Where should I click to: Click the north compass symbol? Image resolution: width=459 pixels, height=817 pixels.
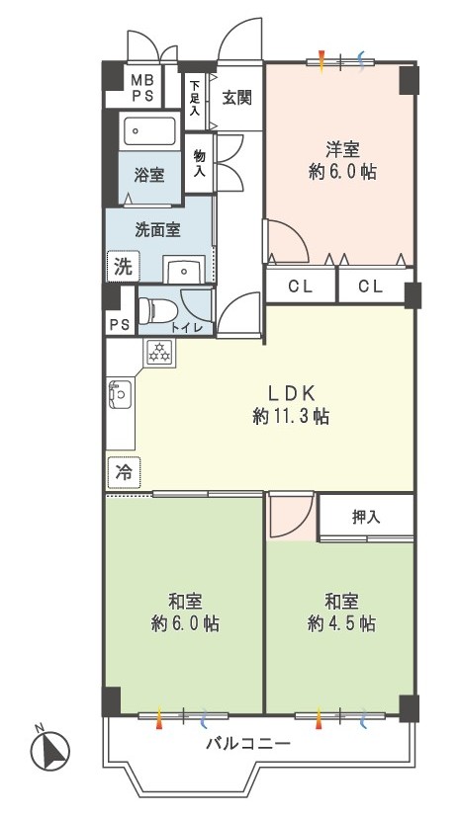[50, 751]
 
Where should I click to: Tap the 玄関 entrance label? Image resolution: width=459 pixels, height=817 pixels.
[237, 98]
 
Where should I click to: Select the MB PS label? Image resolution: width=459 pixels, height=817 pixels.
[142, 90]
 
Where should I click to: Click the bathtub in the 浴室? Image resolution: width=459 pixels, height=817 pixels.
[149, 130]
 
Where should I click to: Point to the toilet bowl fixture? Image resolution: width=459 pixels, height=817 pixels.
[156, 311]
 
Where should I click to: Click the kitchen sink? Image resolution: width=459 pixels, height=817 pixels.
[120, 395]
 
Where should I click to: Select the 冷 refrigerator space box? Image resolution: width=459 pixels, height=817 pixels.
[124, 472]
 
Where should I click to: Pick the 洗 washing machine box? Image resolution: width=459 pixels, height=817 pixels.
[123, 267]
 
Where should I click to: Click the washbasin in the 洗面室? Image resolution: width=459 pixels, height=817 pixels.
[184, 270]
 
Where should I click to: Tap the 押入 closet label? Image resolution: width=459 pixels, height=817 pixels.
[366, 517]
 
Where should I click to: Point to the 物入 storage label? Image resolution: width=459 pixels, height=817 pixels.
[199, 163]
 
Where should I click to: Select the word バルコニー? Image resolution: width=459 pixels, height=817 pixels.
[247, 743]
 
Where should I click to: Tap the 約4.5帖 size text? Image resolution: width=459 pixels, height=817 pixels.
[341, 623]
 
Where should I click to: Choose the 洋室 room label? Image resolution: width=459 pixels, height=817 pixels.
[342, 150]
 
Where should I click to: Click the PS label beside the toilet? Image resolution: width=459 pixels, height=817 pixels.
[119, 324]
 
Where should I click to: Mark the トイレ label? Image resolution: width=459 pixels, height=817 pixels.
[182, 327]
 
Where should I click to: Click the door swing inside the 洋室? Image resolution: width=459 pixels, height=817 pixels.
[288, 241]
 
